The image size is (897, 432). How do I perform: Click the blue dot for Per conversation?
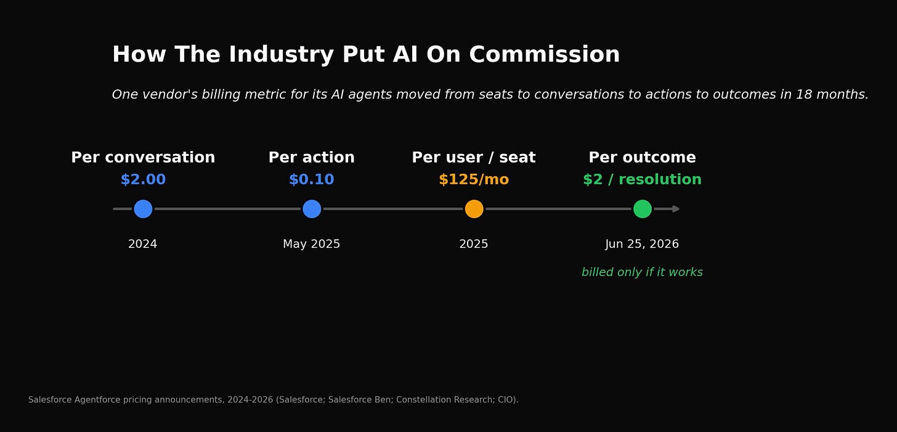pyautogui.click(x=143, y=209)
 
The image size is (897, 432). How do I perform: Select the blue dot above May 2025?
pyautogui.click(x=312, y=209)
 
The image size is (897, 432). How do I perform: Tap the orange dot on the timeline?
pyautogui.click(x=474, y=209)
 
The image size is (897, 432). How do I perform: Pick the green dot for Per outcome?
pyautogui.click(x=643, y=209)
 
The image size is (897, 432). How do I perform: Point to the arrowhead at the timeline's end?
pyautogui.click(x=676, y=209)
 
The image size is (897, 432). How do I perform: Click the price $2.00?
pyautogui.click(x=143, y=179)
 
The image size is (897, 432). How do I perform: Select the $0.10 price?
pyautogui.click(x=312, y=179)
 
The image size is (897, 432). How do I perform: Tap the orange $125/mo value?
pyautogui.click(x=474, y=179)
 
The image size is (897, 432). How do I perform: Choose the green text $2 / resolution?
pyautogui.click(x=643, y=179)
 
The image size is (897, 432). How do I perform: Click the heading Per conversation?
pyautogui.click(x=143, y=157)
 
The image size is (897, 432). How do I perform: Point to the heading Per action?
pyautogui.click(x=312, y=157)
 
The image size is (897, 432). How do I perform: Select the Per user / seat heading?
pyautogui.click(x=474, y=157)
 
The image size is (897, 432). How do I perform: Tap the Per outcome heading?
pyautogui.click(x=643, y=157)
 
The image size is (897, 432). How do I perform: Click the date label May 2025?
pyautogui.click(x=312, y=243)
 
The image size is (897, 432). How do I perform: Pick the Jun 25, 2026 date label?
pyautogui.click(x=642, y=243)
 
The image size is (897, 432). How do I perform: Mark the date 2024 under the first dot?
pyautogui.click(x=142, y=243)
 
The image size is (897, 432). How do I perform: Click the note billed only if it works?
pyautogui.click(x=643, y=272)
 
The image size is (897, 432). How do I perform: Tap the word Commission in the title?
pyautogui.click(x=545, y=54)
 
